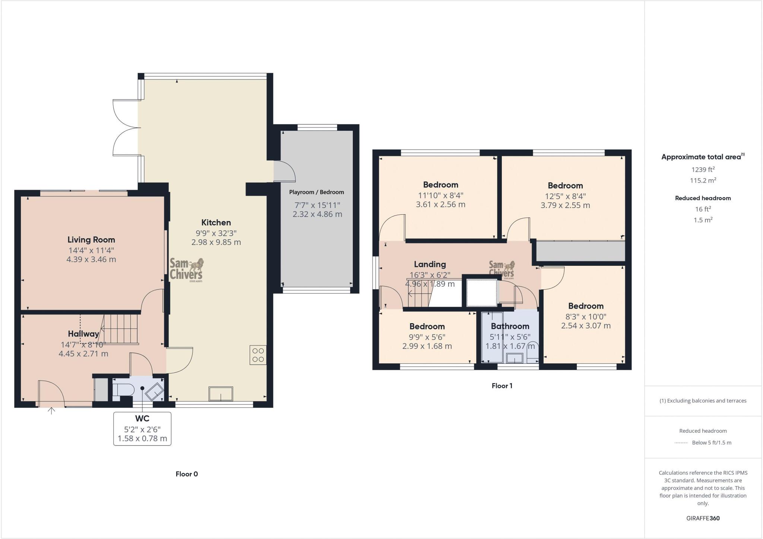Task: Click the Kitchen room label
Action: coord(216,223)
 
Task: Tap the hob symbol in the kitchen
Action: coord(258,355)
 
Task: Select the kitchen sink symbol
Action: coord(221,394)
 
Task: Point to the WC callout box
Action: coord(142,429)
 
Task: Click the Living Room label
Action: coord(91,240)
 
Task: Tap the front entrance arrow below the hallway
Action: coord(51,411)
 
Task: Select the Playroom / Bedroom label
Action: coord(317,192)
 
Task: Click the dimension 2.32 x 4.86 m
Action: coord(317,214)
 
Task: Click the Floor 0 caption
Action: coord(187,474)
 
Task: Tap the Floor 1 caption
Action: coord(502,386)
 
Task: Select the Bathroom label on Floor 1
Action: coord(510,327)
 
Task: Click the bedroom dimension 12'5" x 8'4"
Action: coord(565,196)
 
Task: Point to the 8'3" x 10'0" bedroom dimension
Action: coord(586,316)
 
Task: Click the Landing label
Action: coord(430,264)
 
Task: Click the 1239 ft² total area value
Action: coord(703,170)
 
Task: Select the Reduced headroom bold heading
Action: coord(703,198)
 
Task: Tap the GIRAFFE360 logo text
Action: coord(703,518)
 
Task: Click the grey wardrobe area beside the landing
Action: coord(580,251)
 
